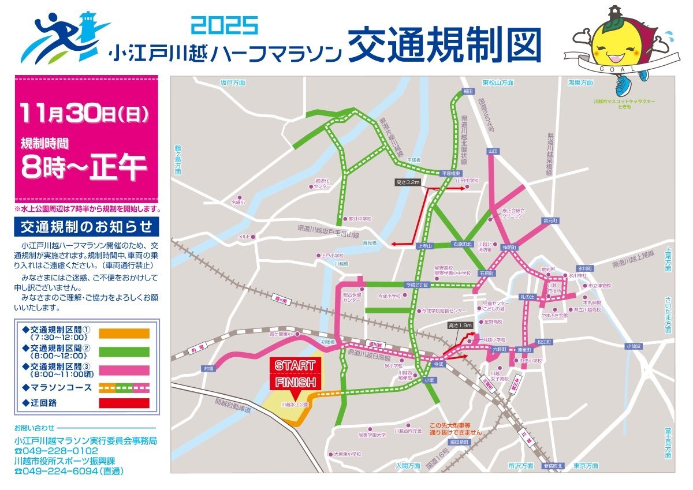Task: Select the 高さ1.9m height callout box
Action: click(460, 326)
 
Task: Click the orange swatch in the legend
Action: click(124, 334)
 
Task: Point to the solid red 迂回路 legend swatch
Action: click(124, 403)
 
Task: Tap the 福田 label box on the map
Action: click(468, 91)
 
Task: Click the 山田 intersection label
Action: click(493, 151)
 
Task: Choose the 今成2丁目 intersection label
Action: click(417, 285)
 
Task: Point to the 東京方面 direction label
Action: click(586, 466)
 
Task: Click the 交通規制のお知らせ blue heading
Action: click(87, 225)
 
